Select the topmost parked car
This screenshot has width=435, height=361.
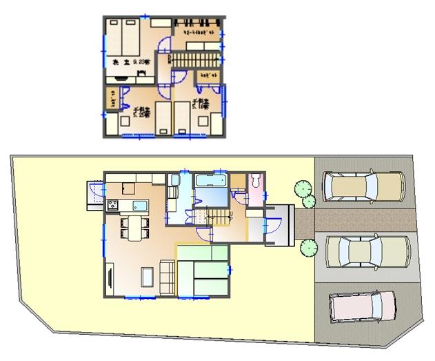(362, 187)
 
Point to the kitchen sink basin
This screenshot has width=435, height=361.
(139, 205)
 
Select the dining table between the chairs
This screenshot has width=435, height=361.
(134, 228)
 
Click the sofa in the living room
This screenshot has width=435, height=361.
(167, 275)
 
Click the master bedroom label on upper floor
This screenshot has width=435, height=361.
(131, 63)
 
